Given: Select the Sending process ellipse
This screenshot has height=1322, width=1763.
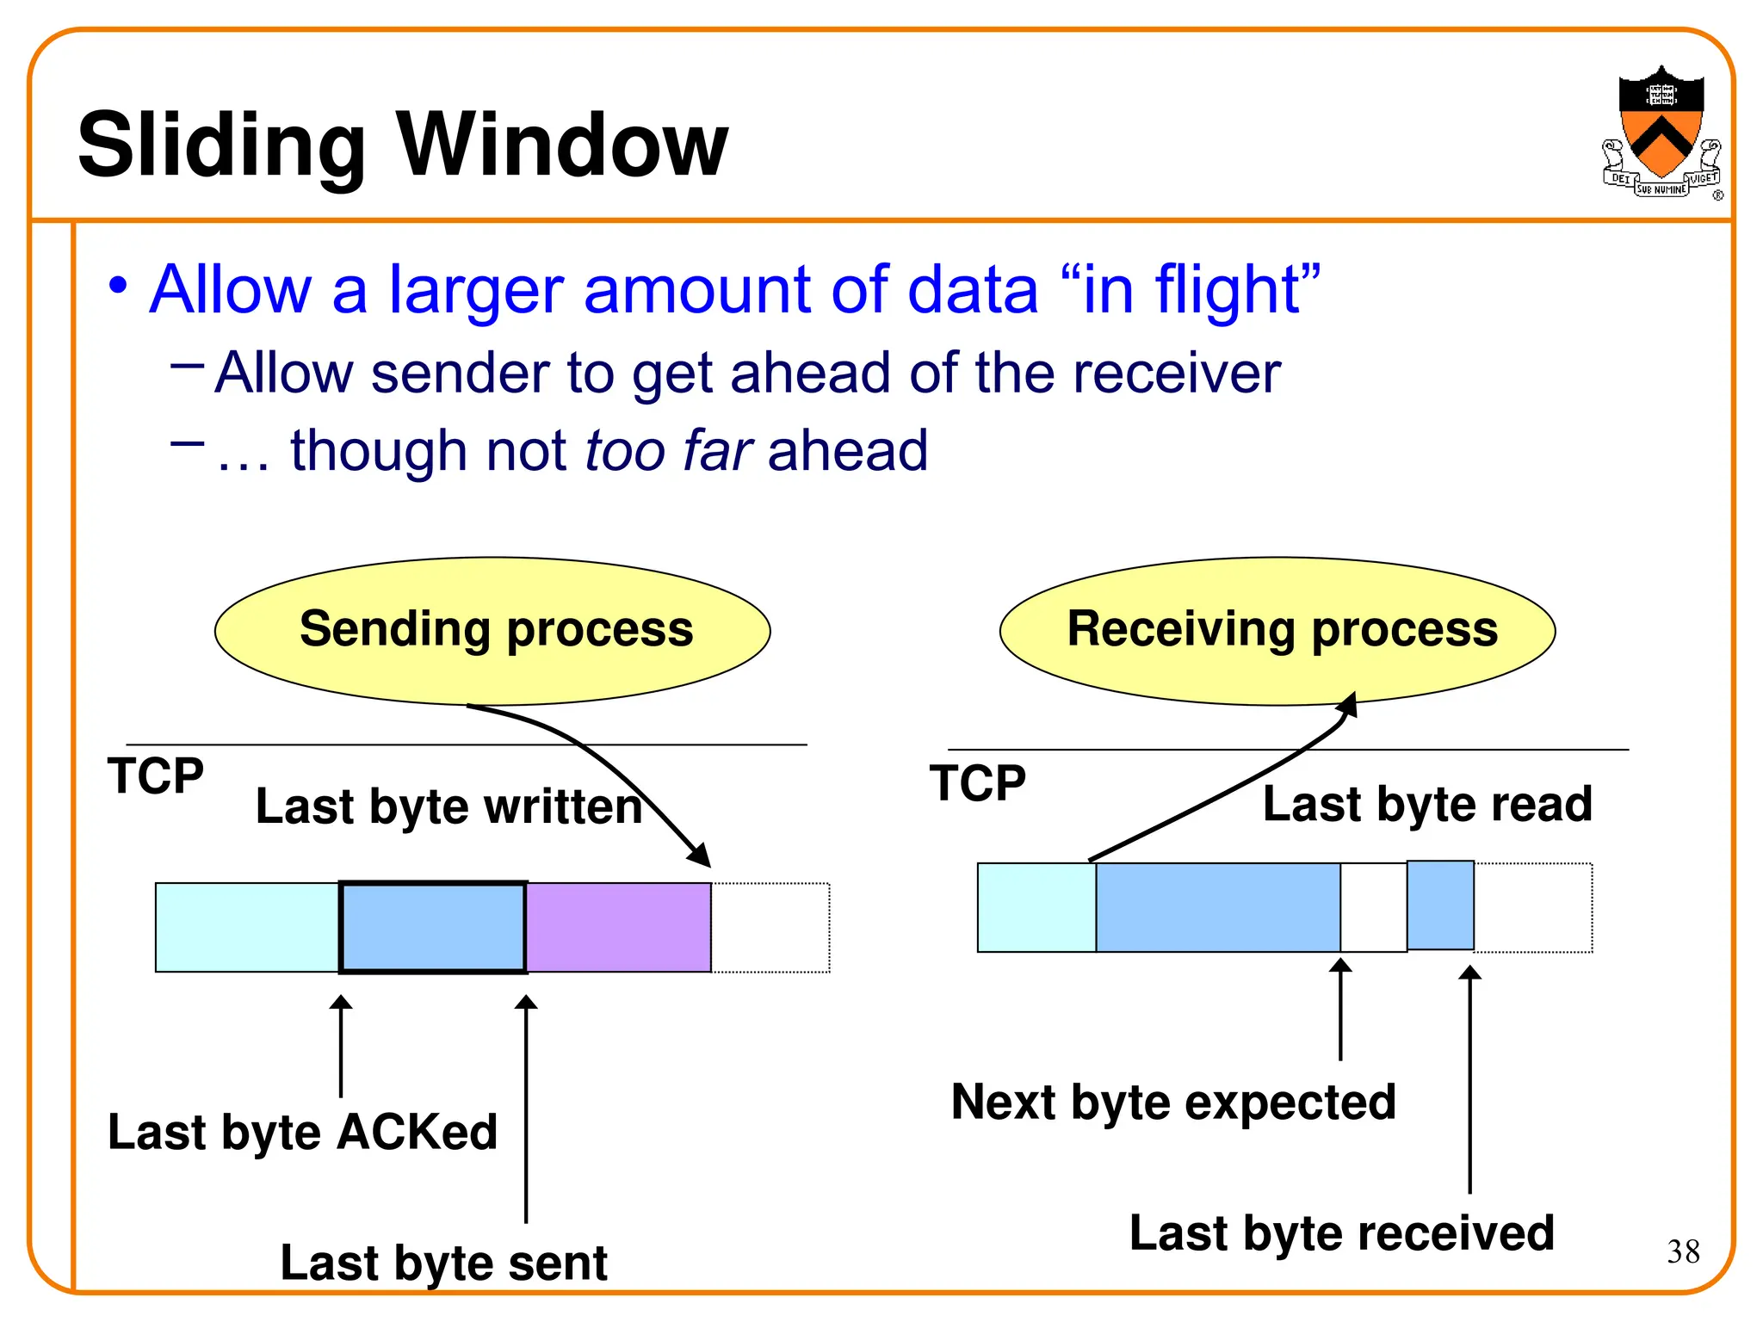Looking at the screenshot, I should (492, 630).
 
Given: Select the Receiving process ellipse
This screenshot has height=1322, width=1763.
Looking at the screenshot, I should (1277, 630).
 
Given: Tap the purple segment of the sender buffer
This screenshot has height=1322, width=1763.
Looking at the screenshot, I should (618, 927).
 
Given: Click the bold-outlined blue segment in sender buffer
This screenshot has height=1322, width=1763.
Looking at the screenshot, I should (433, 927).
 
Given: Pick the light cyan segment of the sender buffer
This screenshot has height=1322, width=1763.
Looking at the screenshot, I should (247, 927).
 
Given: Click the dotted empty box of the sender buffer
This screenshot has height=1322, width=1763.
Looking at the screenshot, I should (770, 927).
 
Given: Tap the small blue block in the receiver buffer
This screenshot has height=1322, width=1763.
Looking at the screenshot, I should (1440, 905).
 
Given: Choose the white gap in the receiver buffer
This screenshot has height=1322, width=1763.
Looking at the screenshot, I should (1373, 907).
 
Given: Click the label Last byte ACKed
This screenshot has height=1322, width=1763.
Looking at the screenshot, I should (302, 1131).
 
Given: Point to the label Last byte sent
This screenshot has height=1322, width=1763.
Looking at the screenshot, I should (443, 1263).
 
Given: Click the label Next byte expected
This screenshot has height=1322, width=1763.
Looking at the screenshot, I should (1172, 1102).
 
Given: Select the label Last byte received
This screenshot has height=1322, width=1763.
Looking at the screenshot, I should (1341, 1232).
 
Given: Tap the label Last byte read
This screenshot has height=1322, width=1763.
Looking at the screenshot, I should (1426, 804).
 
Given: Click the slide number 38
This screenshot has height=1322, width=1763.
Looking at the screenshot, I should (1683, 1251).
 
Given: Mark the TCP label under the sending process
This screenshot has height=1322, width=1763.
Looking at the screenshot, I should (155, 775).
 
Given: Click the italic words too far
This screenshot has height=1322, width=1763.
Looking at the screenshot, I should (669, 450).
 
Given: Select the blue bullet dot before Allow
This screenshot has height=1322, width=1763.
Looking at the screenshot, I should (119, 286).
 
